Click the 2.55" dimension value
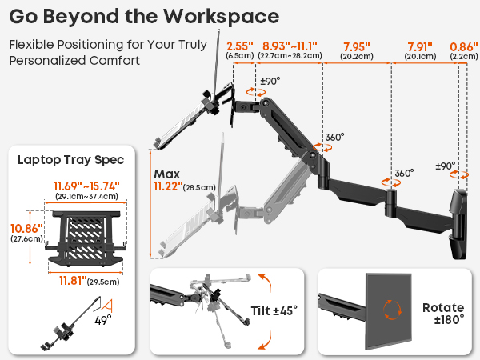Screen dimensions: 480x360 [240, 46]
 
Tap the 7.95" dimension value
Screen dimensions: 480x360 [357, 47]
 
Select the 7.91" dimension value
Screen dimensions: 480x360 [420, 47]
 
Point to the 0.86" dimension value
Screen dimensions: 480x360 [464, 47]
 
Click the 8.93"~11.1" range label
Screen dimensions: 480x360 [290, 46]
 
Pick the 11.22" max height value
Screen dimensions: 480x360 [168, 186]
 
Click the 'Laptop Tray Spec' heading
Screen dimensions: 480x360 [70, 160]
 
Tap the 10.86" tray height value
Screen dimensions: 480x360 [26, 228]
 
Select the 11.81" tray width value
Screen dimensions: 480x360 [73, 280]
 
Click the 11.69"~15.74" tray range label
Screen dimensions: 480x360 [86, 186]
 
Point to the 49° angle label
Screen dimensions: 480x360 [103, 320]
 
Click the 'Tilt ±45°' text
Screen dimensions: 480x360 [274, 310]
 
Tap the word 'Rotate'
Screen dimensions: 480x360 [443, 307]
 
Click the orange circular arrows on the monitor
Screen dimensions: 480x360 [392, 310]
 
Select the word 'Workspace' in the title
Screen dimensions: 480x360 [221, 16]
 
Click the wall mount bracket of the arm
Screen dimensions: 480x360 [459, 224]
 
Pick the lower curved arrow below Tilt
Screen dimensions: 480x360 [266, 341]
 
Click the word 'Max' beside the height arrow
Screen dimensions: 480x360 [167, 174]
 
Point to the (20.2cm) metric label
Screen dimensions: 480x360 [357, 56]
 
